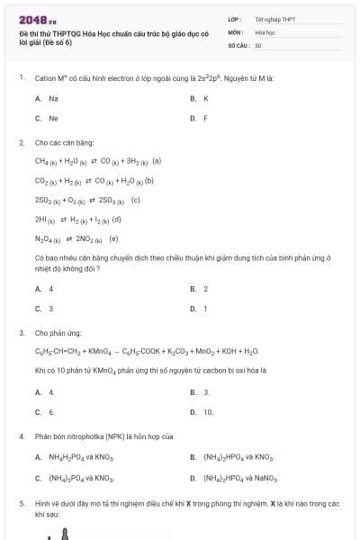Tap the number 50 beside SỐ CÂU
tap(258, 44)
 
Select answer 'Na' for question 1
tap(53, 98)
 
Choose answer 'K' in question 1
tap(206, 98)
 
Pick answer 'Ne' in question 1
tap(53, 118)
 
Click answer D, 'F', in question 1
tap(206, 118)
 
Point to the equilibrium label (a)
tap(157, 161)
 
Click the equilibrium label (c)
tap(136, 200)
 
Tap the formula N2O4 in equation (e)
tap(47, 239)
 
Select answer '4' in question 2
tap(50, 289)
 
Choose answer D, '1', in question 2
tap(205, 309)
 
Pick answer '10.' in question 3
tap(208, 412)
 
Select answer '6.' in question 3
tap(51, 412)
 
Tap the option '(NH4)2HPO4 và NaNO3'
tap(240, 478)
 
